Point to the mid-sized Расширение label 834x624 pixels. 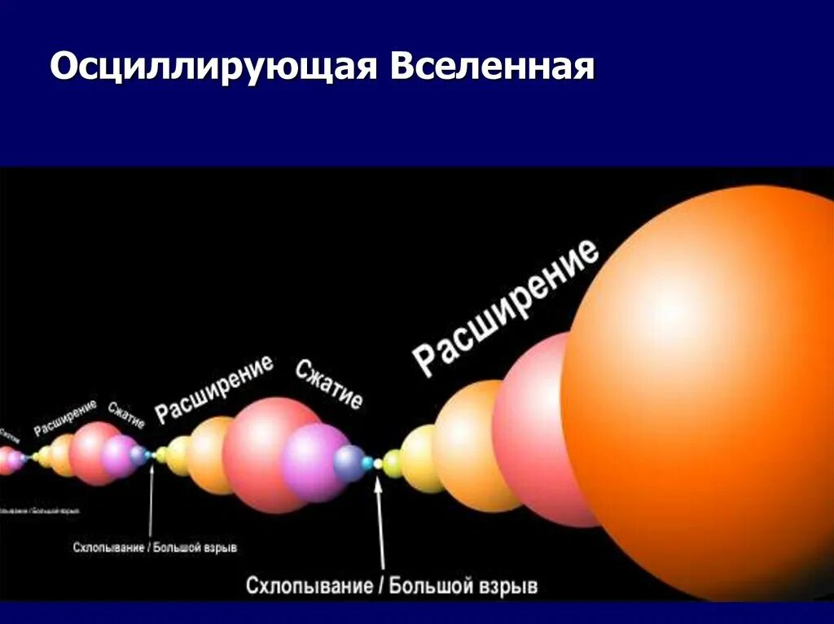click(x=214, y=388)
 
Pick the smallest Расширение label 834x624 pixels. click(x=65, y=417)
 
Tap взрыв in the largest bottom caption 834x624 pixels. click(x=507, y=586)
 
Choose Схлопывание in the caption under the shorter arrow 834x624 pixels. click(x=108, y=548)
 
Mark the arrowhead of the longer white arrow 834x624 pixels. click(x=378, y=487)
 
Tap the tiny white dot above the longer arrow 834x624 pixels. click(x=378, y=464)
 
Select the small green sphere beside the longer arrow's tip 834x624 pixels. click(x=393, y=464)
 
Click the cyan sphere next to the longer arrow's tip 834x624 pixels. click(x=367, y=463)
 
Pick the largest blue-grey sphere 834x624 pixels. click(x=350, y=462)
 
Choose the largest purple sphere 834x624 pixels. click(x=314, y=462)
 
